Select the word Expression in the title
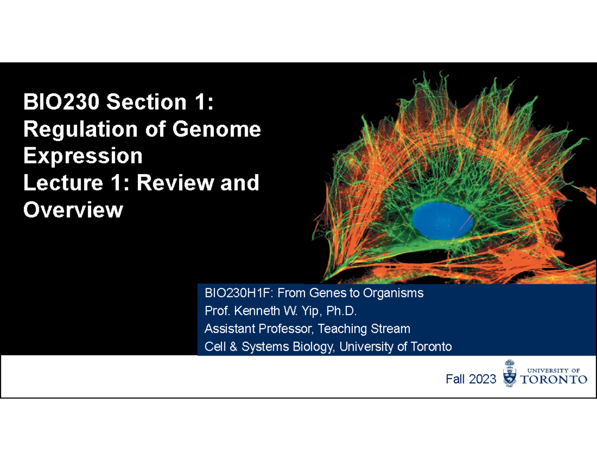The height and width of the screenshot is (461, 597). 83,157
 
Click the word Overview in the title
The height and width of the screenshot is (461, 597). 73,210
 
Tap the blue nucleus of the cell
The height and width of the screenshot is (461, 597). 442,219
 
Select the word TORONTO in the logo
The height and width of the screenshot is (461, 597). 554,380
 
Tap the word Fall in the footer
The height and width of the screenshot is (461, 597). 455,380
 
